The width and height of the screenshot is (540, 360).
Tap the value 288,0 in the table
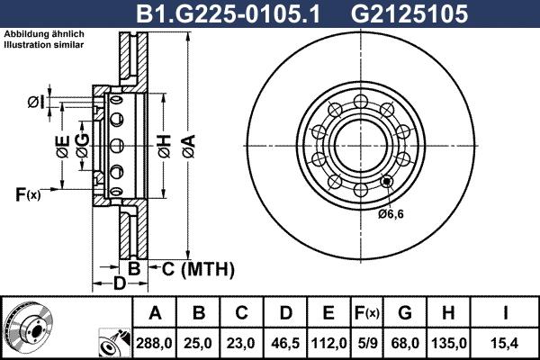[155, 342]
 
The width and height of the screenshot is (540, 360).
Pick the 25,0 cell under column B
[200, 342]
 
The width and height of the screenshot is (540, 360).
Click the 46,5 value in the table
[286, 342]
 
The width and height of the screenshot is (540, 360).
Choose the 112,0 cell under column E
[329, 342]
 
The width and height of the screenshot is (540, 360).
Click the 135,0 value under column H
[453, 342]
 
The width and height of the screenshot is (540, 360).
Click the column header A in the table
[155, 313]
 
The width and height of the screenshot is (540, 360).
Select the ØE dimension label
[61, 148]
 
